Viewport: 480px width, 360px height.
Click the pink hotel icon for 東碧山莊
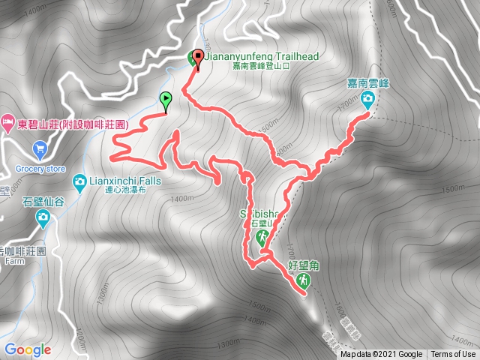(7, 121)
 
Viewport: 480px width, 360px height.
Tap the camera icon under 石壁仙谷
(43, 218)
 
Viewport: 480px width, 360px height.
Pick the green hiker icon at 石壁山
(262, 238)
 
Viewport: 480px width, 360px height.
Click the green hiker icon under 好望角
(302, 280)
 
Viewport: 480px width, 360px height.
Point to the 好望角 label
(302, 265)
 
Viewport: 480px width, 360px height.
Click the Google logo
(27, 349)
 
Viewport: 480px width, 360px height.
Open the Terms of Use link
(453, 355)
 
